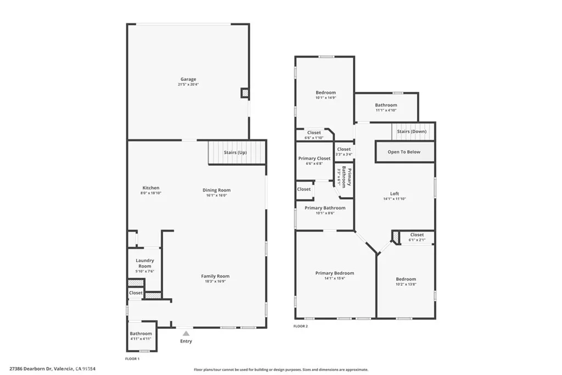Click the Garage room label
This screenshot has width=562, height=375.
(188, 80)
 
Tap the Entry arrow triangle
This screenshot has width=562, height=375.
(187, 333)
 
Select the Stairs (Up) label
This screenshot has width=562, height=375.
(235, 152)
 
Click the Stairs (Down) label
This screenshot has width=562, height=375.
(412, 132)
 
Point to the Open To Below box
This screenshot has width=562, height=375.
(404, 152)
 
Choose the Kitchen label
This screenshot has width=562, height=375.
(150, 188)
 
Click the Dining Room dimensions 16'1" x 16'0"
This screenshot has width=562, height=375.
(216, 195)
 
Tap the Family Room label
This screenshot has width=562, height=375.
(215, 276)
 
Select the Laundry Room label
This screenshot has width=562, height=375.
(144, 264)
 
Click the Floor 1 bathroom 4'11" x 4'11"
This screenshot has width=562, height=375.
(141, 339)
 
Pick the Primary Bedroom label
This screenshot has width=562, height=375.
(334, 273)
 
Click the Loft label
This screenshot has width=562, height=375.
(395, 193)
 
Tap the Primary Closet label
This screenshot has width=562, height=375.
(314, 159)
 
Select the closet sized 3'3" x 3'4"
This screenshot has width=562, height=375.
(344, 152)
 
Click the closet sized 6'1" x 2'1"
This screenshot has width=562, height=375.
(417, 238)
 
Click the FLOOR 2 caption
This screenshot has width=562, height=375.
(301, 326)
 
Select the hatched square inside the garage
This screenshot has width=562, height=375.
(244, 93)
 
